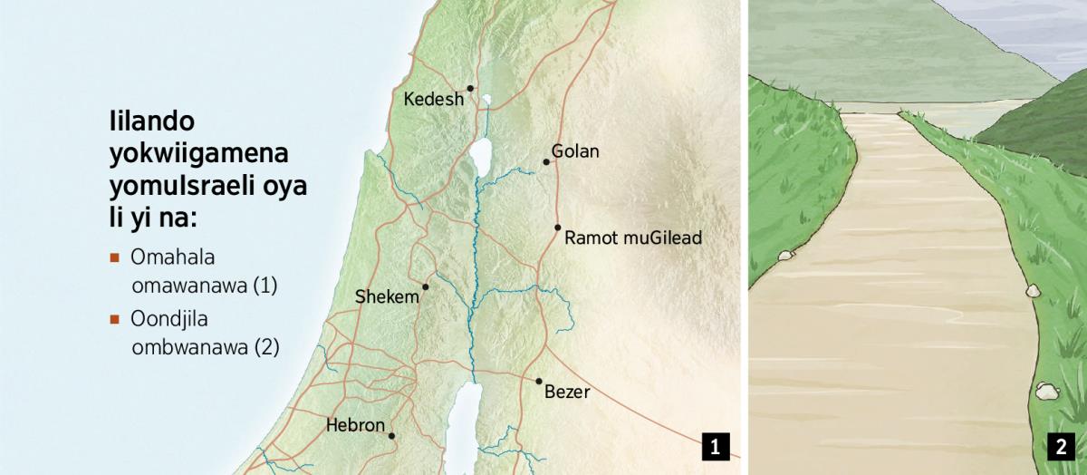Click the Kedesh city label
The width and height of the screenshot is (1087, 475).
click(433, 99)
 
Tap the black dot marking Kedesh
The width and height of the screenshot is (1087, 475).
click(470, 88)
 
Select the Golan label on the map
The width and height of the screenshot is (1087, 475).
click(575, 151)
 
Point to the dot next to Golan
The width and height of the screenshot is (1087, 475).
click(546, 162)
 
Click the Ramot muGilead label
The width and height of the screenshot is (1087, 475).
click(632, 238)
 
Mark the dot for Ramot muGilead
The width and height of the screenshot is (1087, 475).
click(557, 227)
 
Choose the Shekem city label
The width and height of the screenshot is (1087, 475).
click(387, 296)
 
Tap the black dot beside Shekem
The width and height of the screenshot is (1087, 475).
click(425, 286)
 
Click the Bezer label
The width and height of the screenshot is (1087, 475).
click(567, 393)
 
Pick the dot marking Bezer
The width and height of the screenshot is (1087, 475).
click(538, 381)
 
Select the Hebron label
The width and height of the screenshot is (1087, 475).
click(355, 424)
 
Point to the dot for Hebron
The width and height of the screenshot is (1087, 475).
click(391, 436)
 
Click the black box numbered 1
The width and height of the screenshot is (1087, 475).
click(715, 446)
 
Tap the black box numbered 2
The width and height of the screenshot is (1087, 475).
click(1060, 446)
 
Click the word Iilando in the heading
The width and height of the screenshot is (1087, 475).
click(151, 122)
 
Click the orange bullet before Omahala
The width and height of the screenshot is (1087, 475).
click(114, 257)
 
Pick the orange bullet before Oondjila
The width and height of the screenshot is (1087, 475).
click(114, 318)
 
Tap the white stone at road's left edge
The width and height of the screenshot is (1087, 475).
click(784, 256)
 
